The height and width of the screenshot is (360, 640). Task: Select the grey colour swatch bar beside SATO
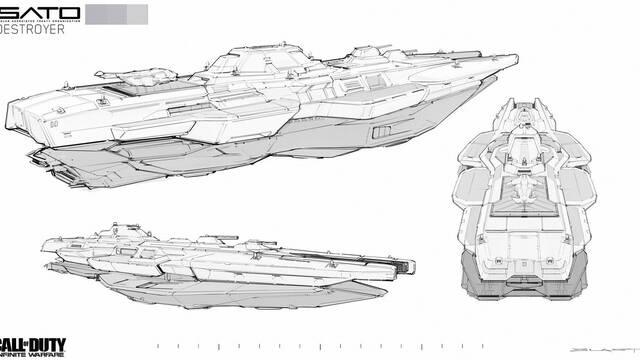[x=117, y=14]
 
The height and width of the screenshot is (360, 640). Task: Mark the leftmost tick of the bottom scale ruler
[x=157, y=346]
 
